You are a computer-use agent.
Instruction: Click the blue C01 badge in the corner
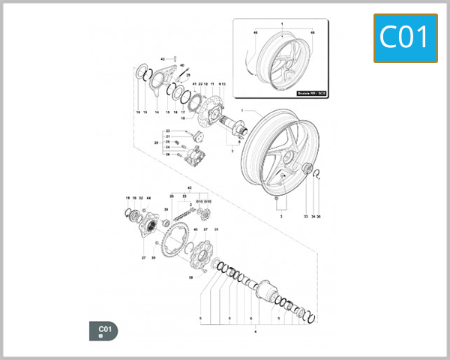coord(405,37)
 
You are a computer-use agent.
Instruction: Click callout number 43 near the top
coord(163,58)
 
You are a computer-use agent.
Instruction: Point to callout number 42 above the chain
coord(190,186)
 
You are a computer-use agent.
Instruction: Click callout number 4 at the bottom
coord(256,330)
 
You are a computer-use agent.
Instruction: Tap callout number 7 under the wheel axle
coord(232,152)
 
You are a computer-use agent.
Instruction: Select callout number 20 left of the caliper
coord(155,142)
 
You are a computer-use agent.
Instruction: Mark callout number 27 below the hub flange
coord(142,257)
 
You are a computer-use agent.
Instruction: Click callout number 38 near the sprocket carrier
coord(190,277)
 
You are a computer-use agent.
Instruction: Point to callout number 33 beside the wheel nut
coord(306,216)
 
